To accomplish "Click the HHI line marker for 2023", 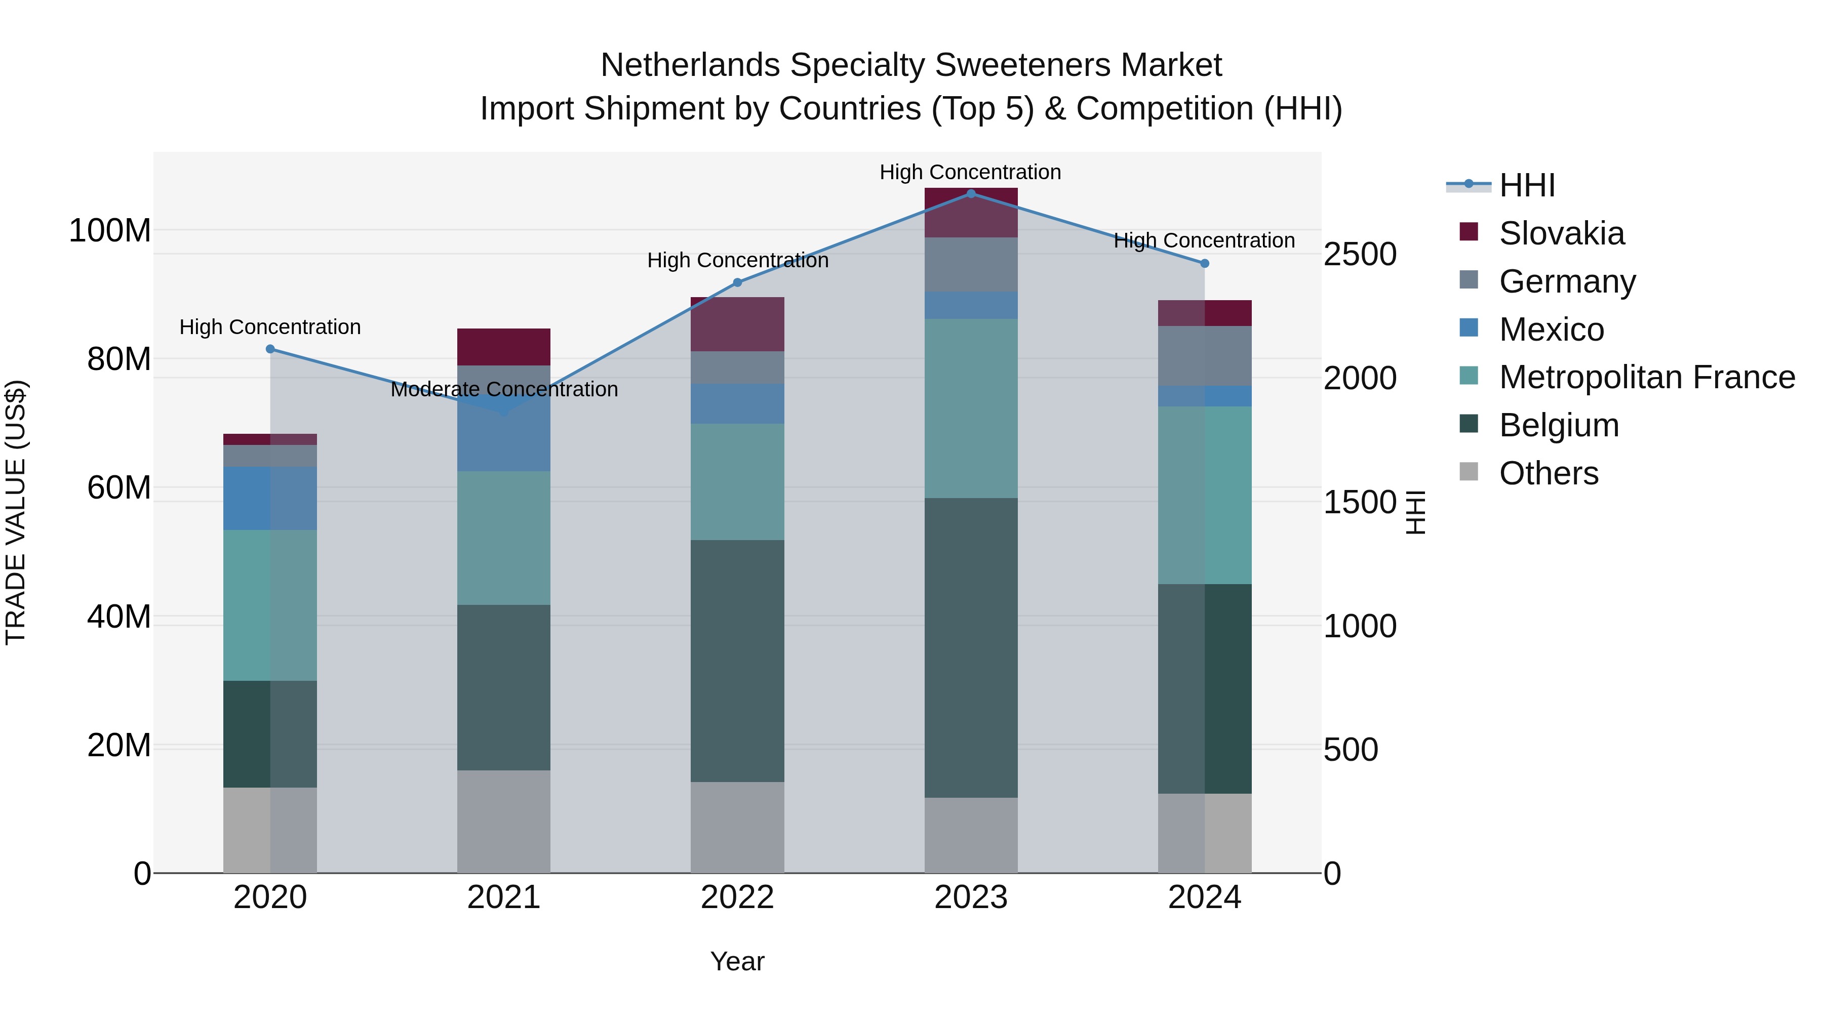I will [971, 193].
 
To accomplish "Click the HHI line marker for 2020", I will [270, 349].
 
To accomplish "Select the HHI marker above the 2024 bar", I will [1205, 263].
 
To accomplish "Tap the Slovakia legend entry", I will [1561, 233].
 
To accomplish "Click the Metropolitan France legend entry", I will [1646, 378].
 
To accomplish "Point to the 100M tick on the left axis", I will [110, 231].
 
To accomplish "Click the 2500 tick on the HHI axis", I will [1360, 255].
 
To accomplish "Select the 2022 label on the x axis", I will [737, 897].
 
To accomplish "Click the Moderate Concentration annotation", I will [504, 389].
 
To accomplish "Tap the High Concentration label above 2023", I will [970, 172].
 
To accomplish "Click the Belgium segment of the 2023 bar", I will [971, 647].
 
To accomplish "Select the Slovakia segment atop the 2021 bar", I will [504, 347].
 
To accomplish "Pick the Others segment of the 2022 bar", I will [737, 827].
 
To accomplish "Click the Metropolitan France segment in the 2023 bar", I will [971, 408].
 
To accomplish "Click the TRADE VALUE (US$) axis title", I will [16, 512].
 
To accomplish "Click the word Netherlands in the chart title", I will [691, 65].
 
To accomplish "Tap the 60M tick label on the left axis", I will [119, 488].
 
